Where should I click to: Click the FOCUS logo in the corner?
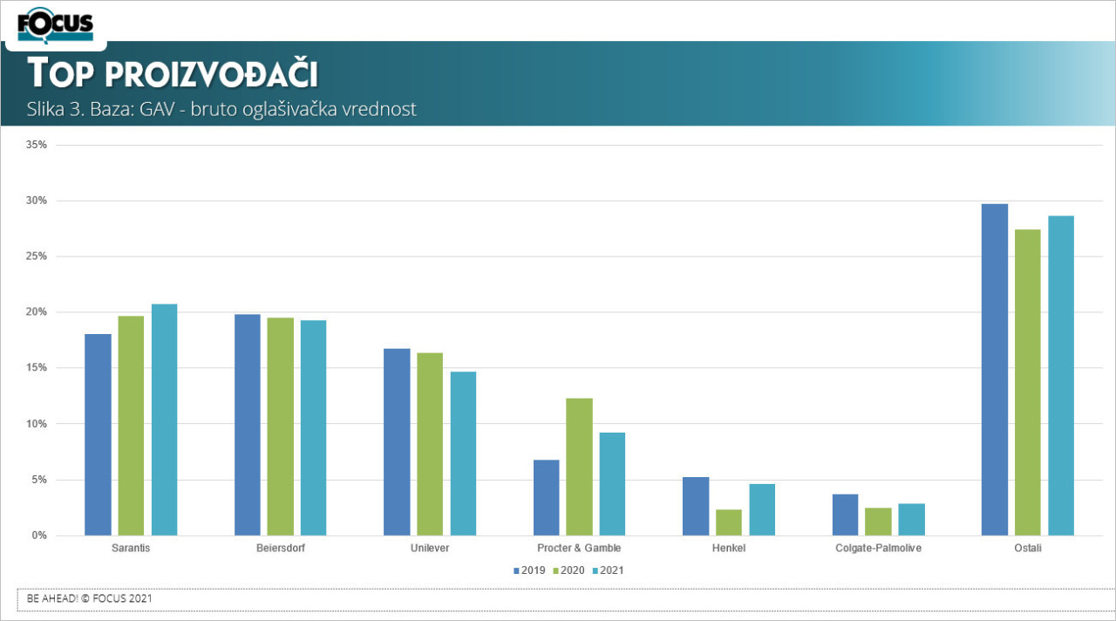[55, 24]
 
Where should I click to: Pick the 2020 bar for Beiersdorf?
[280, 427]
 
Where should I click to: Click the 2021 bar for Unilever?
[463, 454]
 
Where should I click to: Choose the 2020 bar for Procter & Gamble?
[579, 467]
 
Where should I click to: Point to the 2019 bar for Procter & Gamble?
[546, 497]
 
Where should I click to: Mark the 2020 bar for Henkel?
[728, 522]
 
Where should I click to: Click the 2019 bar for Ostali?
[995, 370]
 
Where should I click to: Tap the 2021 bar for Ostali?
[1061, 376]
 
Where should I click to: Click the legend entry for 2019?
[530, 570]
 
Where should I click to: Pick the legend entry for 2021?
[609, 570]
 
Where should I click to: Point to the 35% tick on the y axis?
[37, 145]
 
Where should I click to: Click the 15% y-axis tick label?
[37, 368]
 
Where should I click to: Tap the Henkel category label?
[728, 549]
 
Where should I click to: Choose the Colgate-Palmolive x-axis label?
[878, 549]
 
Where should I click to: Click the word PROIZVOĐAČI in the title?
[211, 75]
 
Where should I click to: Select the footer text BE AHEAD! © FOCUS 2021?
[91, 599]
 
